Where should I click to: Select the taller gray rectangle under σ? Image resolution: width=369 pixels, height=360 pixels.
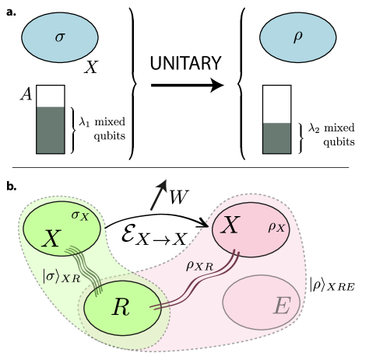click(x=51, y=130)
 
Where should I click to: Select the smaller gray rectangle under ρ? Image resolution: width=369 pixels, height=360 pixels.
click(x=276, y=138)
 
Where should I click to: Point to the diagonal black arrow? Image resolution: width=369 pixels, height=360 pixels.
click(x=158, y=194)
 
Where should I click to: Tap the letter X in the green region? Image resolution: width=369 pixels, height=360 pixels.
click(x=51, y=239)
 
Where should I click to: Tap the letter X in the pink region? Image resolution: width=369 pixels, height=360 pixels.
click(x=230, y=225)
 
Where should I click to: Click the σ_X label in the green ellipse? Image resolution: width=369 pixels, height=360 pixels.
click(x=80, y=215)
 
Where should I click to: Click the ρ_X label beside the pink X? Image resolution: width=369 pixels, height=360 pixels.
click(x=276, y=227)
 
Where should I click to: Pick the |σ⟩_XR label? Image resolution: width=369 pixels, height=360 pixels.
click(x=61, y=275)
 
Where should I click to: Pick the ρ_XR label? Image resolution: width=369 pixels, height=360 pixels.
click(x=199, y=265)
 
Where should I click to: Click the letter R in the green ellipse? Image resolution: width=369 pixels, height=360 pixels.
click(x=121, y=307)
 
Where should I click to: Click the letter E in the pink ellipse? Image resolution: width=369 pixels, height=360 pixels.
click(x=281, y=306)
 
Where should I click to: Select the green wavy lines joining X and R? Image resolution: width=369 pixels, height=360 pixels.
click(x=85, y=267)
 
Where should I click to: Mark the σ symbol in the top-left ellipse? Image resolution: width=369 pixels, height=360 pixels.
click(x=60, y=36)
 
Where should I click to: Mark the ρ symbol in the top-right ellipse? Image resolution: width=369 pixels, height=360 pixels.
click(x=297, y=36)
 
